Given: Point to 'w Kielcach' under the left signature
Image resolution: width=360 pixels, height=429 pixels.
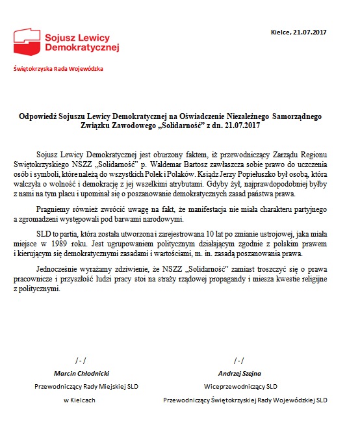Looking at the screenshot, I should pos(79,400).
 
